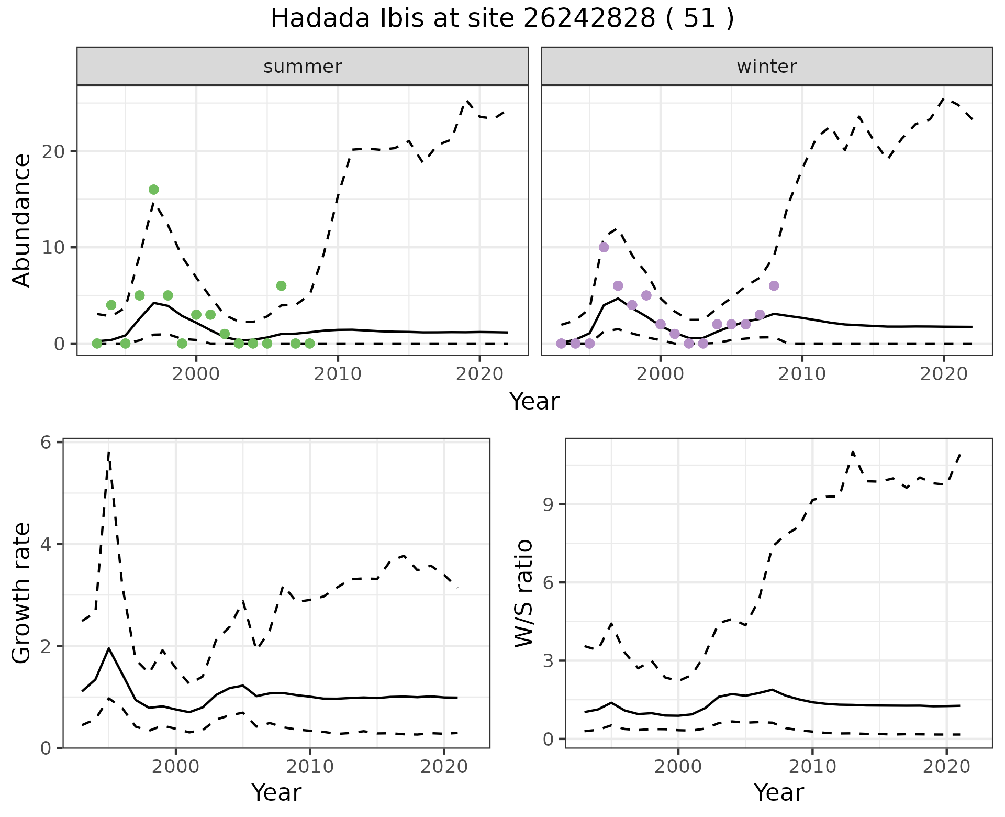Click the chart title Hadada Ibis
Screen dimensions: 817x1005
[x=502, y=19]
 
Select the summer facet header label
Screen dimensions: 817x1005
[x=303, y=67]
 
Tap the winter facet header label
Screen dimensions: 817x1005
[x=766, y=67]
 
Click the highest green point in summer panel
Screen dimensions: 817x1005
[x=153, y=190]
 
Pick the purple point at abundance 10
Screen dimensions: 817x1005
[x=604, y=247]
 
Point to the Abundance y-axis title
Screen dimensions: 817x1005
[x=22, y=220]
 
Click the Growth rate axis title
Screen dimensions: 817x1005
[x=22, y=593]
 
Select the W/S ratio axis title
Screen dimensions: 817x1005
[x=524, y=593]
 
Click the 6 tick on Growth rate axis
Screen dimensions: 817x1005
[x=46, y=443]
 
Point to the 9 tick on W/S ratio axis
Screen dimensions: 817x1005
[x=549, y=504]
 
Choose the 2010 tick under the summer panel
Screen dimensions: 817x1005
[x=338, y=374]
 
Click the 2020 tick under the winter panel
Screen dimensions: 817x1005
[x=944, y=374]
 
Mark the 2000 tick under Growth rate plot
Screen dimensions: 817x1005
[x=176, y=767]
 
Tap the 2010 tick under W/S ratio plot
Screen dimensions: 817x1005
[x=812, y=767]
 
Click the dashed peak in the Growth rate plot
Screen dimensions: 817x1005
[x=108, y=451]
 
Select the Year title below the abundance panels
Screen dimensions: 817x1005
[x=534, y=402]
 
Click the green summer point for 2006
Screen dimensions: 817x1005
[x=281, y=286]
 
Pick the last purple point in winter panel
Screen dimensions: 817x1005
[x=774, y=286]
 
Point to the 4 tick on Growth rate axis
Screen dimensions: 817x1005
[x=46, y=544]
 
